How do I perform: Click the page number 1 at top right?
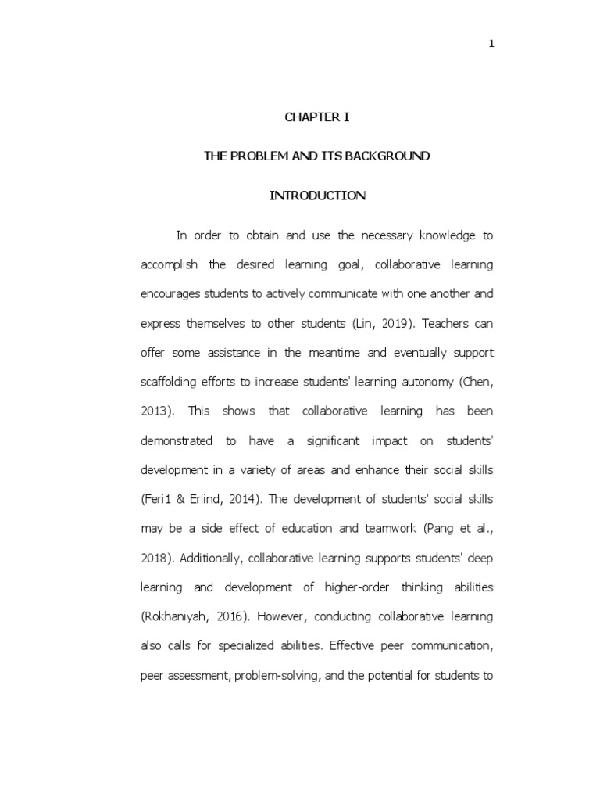(491, 44)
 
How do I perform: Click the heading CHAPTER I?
(316, 117)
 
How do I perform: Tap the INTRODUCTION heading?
(317, 196)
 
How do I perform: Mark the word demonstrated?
(176, 440)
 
